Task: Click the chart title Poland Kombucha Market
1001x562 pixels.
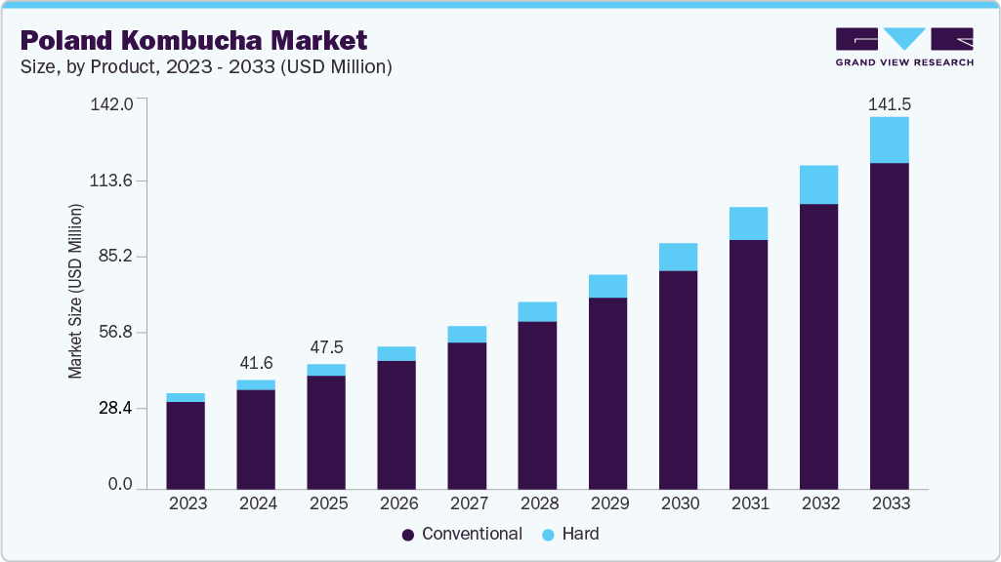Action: pos(193,40)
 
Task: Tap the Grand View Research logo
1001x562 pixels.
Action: pos(904,47)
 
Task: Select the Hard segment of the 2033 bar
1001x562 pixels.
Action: pos(889,140)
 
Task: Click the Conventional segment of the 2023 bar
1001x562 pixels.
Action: pos(186,445)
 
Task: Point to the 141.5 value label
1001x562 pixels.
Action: pos(889,103)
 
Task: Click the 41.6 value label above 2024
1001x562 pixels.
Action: pos(256,363)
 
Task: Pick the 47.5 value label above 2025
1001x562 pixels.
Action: pos(326,347)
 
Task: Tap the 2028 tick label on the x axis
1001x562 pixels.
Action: pos(537,503)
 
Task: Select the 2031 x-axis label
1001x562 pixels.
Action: pos(748,503)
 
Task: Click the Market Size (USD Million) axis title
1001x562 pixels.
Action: pos(75,291)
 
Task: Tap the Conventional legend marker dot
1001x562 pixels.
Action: pos(408,535)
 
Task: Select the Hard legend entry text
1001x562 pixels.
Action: pos(581,534)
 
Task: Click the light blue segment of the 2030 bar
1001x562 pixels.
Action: pos(678,257)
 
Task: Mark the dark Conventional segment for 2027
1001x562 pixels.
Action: pos(467,416)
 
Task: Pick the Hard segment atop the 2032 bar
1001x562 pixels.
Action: pos(818,184)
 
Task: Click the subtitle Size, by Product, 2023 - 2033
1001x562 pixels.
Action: pos(206,67)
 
